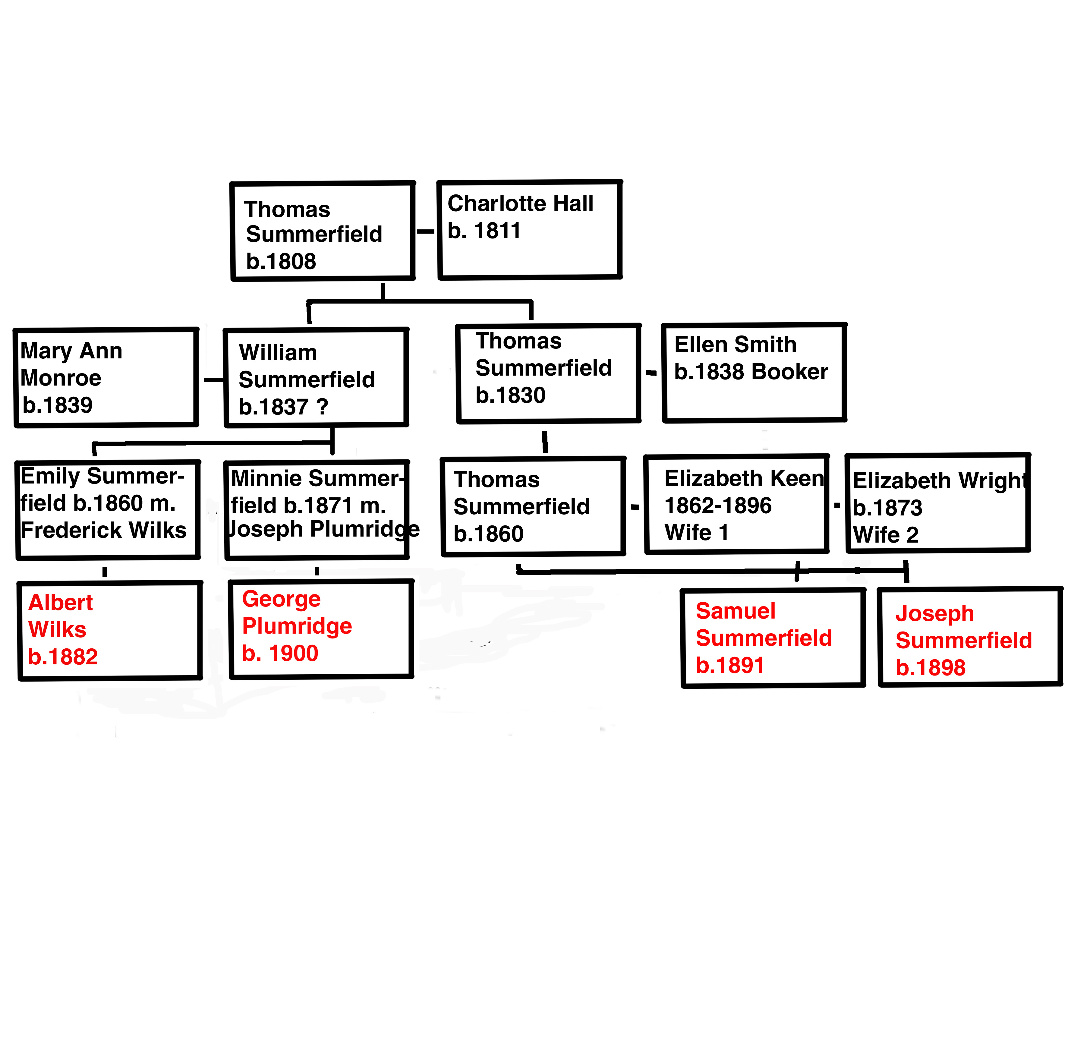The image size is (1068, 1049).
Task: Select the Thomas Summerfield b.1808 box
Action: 322,232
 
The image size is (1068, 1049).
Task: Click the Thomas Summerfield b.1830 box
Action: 548,373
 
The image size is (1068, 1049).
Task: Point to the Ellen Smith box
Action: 754,373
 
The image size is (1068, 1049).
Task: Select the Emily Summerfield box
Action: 107,510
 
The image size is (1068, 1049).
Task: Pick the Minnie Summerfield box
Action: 317,510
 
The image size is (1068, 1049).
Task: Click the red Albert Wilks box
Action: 110,631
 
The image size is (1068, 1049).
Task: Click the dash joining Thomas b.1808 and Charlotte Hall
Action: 425,232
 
